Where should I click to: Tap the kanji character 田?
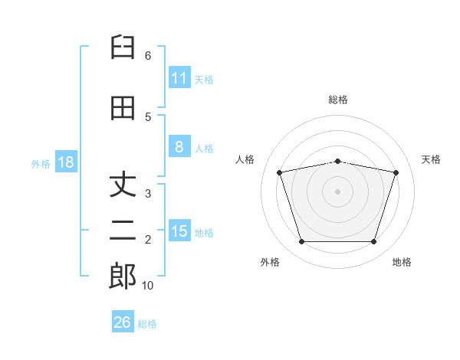(123, 108)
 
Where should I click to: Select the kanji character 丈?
(123, 185)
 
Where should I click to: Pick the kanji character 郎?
(123, 277)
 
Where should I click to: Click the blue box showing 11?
(179, 78)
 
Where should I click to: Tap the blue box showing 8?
(179, 148)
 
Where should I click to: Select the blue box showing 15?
(179, 231)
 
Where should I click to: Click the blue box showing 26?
(122, 322)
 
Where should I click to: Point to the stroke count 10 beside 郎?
(147, 286)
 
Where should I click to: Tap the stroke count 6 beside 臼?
(147, 56)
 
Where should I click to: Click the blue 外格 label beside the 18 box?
(41, 163)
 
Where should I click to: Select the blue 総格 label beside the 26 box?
(147, 323)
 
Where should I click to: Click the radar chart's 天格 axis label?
(431, 159)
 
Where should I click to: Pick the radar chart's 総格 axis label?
(338, 100)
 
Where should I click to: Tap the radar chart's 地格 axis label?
(402, 262)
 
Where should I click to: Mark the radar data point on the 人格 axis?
(280, 172)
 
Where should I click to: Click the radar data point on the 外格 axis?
(301, 242)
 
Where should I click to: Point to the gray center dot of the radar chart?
(338, 191)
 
